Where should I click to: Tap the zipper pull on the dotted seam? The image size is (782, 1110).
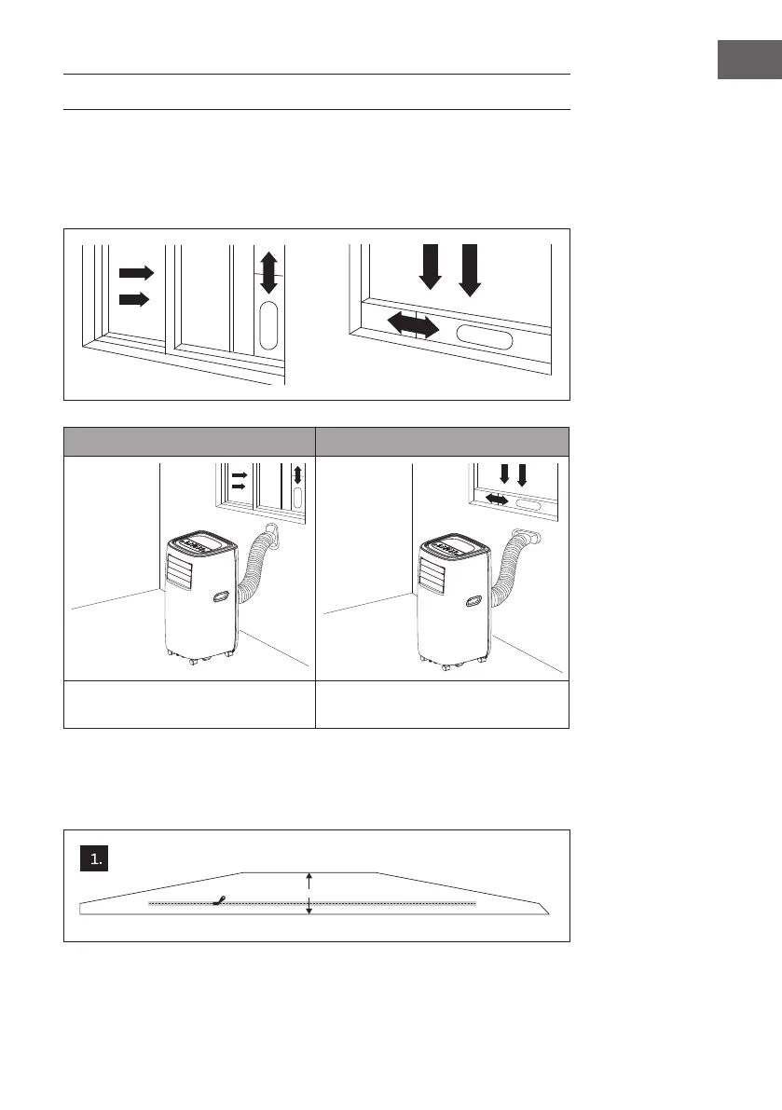point(219,900)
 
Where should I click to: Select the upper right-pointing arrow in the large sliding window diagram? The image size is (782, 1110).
point(135,272)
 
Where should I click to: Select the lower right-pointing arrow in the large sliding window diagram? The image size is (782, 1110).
point(135,299)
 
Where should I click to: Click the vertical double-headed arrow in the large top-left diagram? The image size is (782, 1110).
point(268,273)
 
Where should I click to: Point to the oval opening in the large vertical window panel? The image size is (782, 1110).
point(268,324)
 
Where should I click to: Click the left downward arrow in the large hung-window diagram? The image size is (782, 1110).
point(430,267)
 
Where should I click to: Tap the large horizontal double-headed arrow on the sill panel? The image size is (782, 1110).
point(413,325)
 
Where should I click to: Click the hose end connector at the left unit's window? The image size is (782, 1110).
point(272,533)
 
